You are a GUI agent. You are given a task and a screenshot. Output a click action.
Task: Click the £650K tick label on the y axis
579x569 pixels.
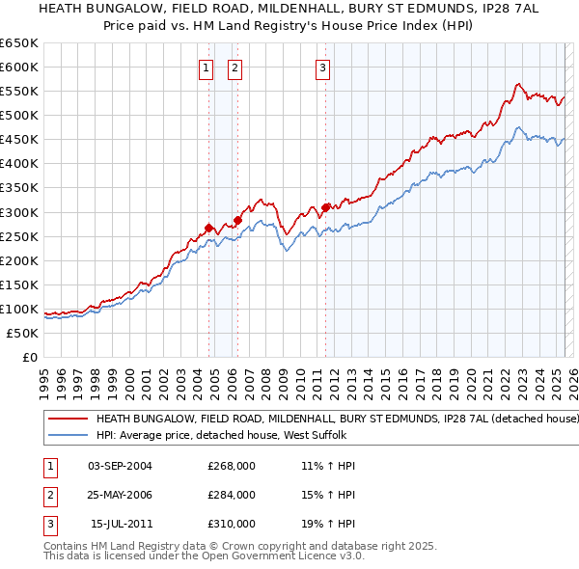(19, 43)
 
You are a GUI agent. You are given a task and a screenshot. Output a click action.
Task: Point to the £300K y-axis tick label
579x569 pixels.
(19, 212)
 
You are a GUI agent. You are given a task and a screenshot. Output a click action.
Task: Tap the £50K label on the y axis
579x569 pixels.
(23, 333)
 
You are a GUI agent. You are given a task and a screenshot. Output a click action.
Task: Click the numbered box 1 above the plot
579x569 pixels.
(207, 68)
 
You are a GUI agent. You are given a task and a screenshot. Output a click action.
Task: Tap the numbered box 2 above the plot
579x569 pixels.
(235, 68)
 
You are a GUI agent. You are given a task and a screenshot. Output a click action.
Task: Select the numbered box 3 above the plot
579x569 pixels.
(322, 68)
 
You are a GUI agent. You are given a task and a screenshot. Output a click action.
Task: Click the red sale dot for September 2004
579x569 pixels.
(208, 228)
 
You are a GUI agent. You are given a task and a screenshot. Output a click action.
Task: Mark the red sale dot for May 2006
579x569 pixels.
(237, 220)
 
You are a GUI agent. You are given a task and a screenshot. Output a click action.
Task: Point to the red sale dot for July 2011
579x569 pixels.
(326, 206)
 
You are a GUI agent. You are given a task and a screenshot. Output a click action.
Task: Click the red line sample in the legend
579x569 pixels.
(68, 420)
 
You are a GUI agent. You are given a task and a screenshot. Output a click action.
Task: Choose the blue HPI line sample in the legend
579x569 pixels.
(68, 435)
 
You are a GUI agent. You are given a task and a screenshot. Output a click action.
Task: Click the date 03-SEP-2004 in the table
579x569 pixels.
(120, 466)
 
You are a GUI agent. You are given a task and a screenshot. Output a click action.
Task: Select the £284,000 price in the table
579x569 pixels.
(232, 495)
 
